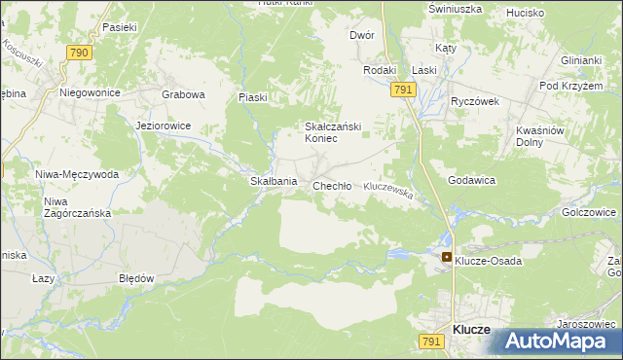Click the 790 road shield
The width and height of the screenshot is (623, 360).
click(x=80, y=52)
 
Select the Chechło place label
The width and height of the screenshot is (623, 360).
click(x=331, y=186)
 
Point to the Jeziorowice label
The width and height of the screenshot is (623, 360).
click(x=164, y=126)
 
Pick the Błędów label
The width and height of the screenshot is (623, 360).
click(x=136, y=278)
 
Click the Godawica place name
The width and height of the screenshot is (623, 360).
click(x=472, y=181)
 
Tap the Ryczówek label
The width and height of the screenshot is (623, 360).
click(x=474, y=101)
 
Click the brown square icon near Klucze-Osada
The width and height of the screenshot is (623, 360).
click(x=446, y=258)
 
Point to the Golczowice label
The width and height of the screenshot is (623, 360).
click(x=589, y=211)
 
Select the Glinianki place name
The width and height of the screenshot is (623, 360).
click(x=580, y=59)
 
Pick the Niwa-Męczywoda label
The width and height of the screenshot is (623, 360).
click(x=77, y=175)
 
